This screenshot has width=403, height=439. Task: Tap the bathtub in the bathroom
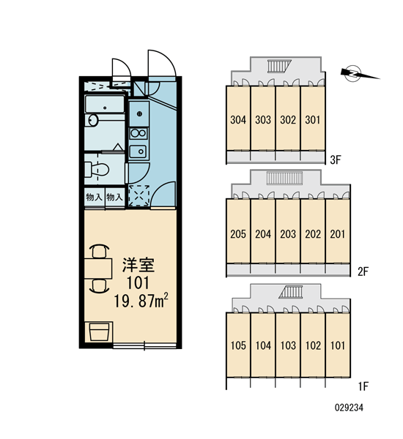105,105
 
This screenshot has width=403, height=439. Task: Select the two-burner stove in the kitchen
138,133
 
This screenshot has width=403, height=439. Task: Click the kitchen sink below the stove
138,151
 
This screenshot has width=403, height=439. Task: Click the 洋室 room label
138,265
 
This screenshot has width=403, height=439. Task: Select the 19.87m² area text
141,301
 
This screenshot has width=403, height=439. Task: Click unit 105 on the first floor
238,345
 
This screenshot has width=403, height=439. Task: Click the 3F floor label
336,160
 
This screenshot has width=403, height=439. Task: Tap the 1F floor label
363,386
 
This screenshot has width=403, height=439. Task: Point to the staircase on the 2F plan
284,178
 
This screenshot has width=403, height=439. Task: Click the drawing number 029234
349,408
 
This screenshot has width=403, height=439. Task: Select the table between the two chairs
98,269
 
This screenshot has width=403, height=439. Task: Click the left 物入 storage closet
95,197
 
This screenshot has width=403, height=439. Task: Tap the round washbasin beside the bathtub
92,121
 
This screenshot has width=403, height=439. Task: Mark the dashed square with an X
138,195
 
